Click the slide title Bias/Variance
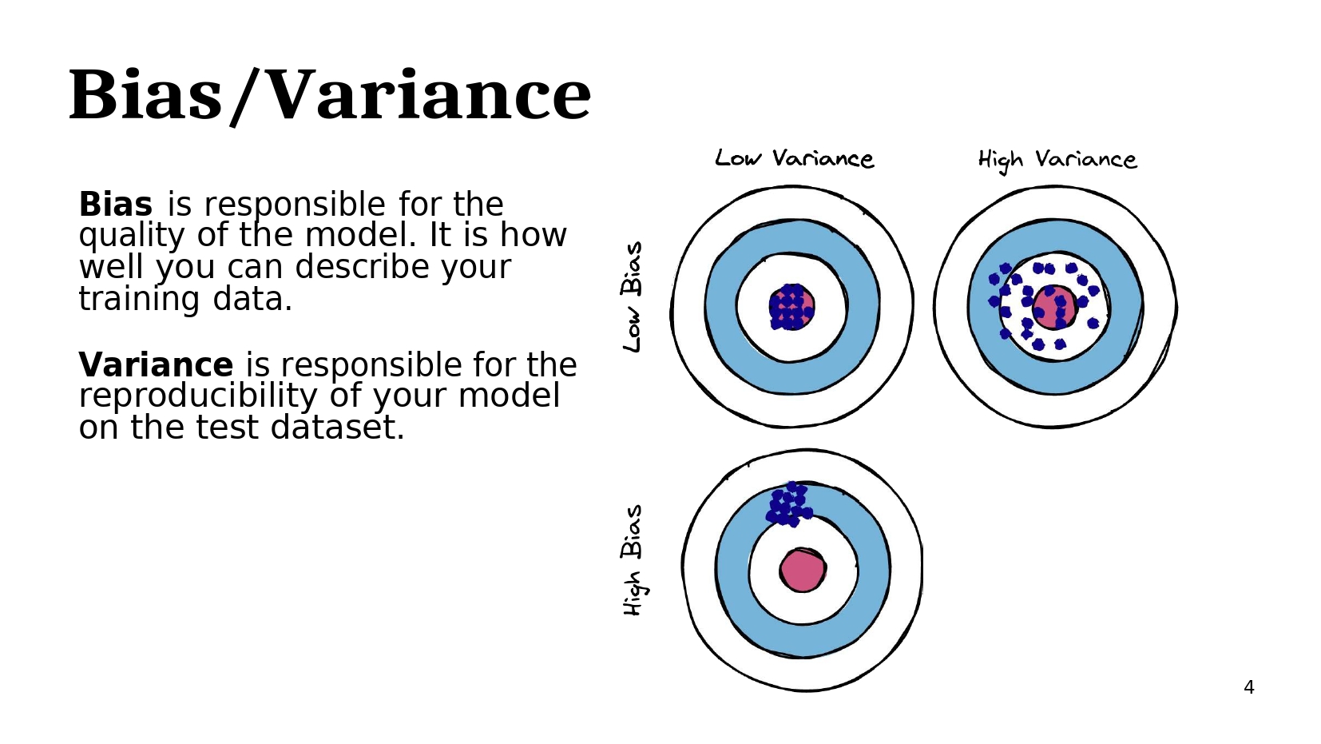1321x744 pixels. pyautogui.click(x=330, y=96)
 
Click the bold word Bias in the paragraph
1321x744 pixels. pyautogui.click(x=116, y=205)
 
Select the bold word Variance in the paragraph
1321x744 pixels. pyautogui.click(x=156, y=364)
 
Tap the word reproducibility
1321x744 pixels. pyautogui.click(x=198, y=396)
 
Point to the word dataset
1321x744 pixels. pyautogui.click(x=338, y=428)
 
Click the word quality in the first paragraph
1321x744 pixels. pyautogui.click(x=132, y=237)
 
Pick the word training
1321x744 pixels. pyautogui.click(x=139, y=300)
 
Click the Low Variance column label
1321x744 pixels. pyautogui.click(x=795, y=158)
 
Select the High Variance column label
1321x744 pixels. pyautogui.click(x=1057, y=160)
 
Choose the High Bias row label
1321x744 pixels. pyautogui.click(x=633, y=560)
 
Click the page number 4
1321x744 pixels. pyautogui.click(x=1249, y=686)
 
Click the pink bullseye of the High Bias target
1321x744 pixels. pyautogui.click(x=802, y=570)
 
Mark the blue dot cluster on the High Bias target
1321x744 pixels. pyautogui.click(x=789, y=504)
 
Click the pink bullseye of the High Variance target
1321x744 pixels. pyautogui.click(x=1054, y=307)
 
